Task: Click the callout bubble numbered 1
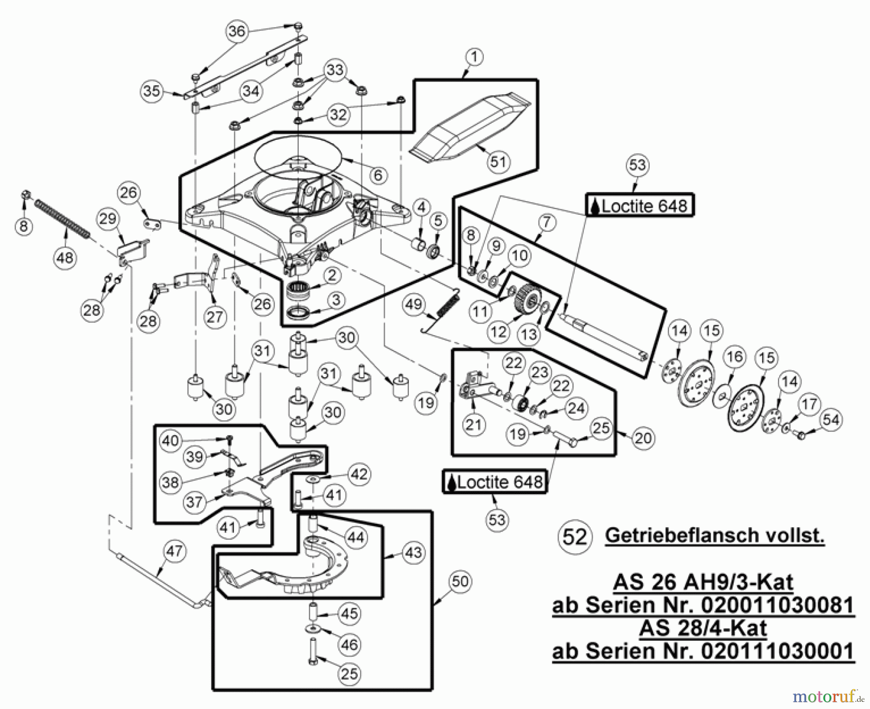coord(474,57)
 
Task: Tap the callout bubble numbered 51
coord(498,162)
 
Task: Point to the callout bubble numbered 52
coord(575,537)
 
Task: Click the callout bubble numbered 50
coord(460,581)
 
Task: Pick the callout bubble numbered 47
coord(174,551)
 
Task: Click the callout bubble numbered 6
coord(378,175)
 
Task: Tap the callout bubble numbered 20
coord(643,438)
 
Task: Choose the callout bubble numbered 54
coord(831,419)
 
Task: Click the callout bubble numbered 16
coord(735,357)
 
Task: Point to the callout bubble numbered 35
coord(152,90)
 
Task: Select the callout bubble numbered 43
coord(413,552)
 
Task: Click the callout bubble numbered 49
coord(414,304)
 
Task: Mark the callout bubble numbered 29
coord(108,219)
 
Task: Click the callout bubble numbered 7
coord(546,222)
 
